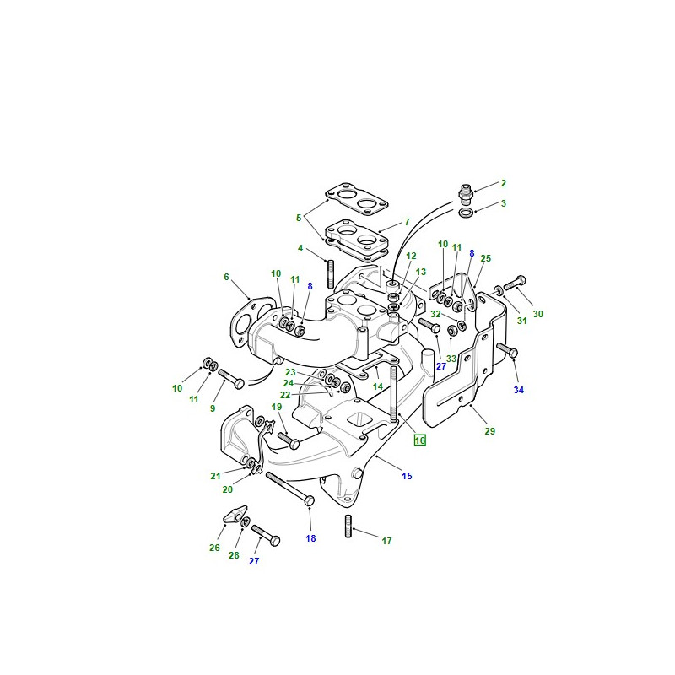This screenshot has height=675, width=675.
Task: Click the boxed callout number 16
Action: [x=419, y=440]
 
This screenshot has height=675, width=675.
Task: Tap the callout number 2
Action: [x=503, y=183]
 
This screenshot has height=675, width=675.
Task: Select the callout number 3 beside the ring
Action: [x=503, y=203]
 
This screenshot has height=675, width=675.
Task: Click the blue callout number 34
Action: [x=519, y=390]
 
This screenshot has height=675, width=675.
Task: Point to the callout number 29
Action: [x=490, y=431]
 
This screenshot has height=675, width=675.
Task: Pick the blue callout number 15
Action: [x=407, y=476]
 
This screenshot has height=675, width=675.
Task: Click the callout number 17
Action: [x=386, y=541]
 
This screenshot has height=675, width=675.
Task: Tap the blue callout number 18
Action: [x=310, y=538]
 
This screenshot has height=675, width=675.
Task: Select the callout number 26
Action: [x=214, y=548]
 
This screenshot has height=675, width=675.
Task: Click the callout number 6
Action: [x=226, y=277]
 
